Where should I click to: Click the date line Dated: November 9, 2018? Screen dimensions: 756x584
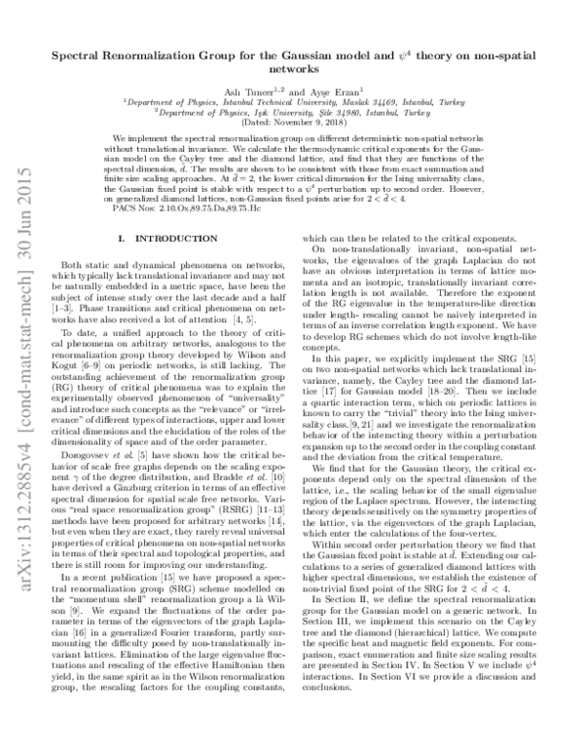[292, 121]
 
